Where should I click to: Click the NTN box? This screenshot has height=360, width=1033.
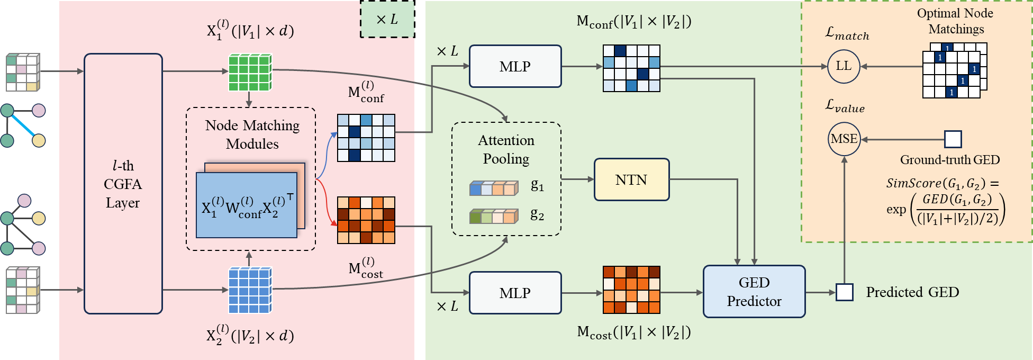click(631, 180)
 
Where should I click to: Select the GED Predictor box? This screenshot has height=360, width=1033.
click(754, 292)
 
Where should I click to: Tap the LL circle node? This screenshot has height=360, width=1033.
click(843, 67)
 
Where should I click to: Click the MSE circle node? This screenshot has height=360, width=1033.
click(844, 139)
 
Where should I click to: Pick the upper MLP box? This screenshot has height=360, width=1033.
click(515, 67)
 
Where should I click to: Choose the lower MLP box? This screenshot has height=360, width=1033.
click(515, 293)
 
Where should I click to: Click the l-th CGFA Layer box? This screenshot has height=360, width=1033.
click(123, 184)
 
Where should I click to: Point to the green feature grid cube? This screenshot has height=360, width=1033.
click(250, 73)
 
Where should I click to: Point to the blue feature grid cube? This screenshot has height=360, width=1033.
click(250, 290)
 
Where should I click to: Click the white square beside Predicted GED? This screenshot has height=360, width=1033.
click(844, 292)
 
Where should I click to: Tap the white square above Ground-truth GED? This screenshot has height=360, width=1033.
click(953, 139)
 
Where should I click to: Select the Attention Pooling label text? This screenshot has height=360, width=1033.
click(506, 149)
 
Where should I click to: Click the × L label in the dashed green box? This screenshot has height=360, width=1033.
click(387, 20)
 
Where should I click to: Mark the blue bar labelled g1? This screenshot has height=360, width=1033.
click(494, 188)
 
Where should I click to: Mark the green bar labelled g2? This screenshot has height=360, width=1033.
click(494, 217)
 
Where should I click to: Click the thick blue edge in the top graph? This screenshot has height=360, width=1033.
click(23, 125)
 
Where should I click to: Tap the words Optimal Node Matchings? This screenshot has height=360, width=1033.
click(955, 21)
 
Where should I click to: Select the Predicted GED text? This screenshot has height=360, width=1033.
click(912, 292)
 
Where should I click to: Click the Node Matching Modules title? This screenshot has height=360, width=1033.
click(252, 134)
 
